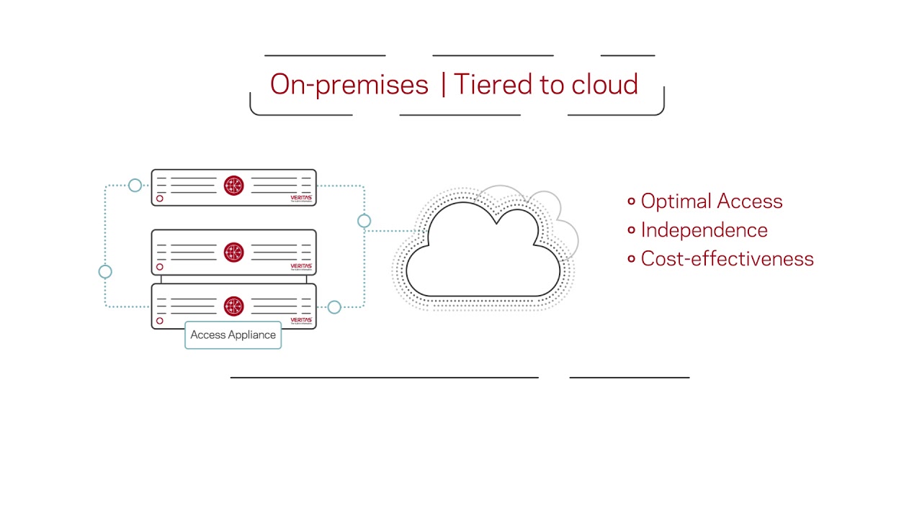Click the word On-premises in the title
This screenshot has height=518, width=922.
point(349,85)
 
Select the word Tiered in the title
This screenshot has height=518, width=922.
point(490,85)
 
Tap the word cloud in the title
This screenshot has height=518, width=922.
point(604,85)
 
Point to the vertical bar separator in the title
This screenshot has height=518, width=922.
point(442,85)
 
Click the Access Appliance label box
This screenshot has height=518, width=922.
point(233,335)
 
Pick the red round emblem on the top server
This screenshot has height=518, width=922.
point(233,186)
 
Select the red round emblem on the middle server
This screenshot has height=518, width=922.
point(233,252)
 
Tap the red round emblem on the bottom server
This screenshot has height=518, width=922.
point(233,306)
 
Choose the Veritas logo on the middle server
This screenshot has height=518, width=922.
point(300,266)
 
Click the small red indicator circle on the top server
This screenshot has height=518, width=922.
point(160,199)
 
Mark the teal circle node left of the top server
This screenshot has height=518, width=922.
point(135,186)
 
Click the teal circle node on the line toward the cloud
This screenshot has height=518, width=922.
point(364,221)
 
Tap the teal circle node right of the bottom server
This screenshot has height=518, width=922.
point(334,307)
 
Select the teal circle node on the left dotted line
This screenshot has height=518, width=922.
point(105,271)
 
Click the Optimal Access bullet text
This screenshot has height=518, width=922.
point(711,201)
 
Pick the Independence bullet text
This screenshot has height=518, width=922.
point(704,230)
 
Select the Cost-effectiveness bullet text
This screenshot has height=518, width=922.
point(727,259)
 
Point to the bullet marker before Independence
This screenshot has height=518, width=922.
point(631,230)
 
